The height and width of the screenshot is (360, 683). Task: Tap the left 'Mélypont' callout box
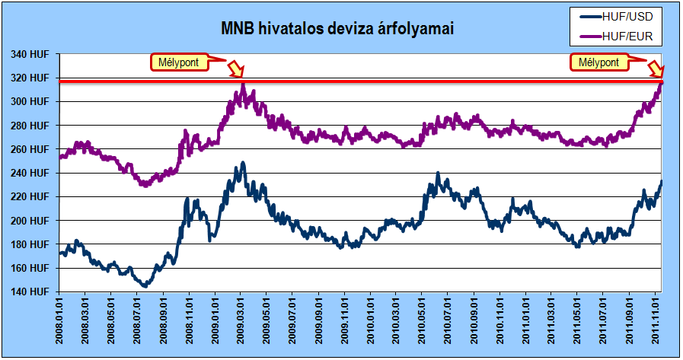point(179,62)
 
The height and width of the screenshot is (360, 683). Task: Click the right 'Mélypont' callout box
point(599,62)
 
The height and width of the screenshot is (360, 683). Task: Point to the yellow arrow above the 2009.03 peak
point(236,69)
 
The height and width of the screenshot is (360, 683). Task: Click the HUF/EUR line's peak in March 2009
point(242,86)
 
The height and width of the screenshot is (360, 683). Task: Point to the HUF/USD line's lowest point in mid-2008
point(145,285)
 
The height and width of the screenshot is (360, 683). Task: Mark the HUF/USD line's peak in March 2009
point(243,164)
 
